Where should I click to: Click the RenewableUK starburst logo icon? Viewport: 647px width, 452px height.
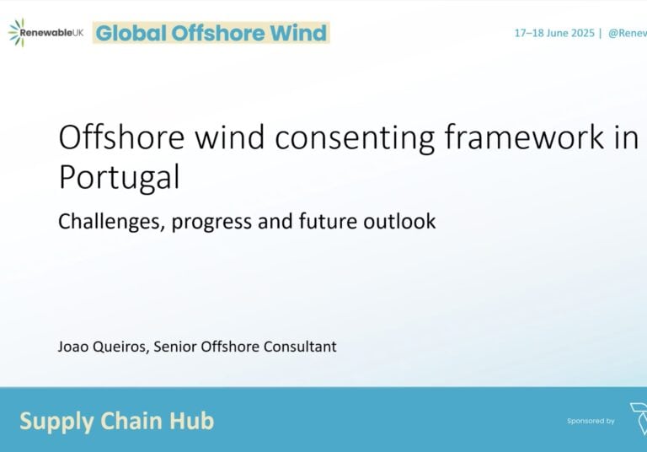pyautogui.click(x=17, y=32)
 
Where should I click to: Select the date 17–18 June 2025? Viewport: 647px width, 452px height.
pyautogui.click(x=554, y=33)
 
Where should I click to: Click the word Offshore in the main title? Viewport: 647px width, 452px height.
pyautogui.click(x=121, y=137)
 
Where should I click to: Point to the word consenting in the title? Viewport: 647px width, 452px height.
pyautogui.click(x=355, y=138)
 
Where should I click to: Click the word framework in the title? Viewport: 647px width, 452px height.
pyautogui.click(x=524, y=137)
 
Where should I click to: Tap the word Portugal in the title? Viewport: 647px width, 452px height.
pyautogui.click(x=120, y=178)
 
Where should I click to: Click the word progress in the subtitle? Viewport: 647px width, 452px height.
pyautogui.click(x=211, y=223)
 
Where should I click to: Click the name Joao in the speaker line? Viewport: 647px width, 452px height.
pyautogui.click(x=73, y=347)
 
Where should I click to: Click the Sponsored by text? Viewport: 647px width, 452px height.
pyautogui.click(x=591, y=421)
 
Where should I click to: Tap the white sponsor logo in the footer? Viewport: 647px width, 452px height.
pyautogui.click(x=639, y=418)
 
